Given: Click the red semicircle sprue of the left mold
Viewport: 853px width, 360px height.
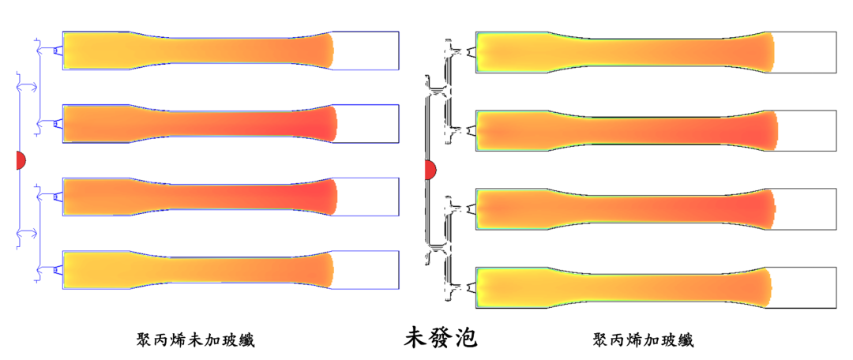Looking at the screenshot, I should point(21,160).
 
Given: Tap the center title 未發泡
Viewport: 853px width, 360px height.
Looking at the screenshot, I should point(440,338).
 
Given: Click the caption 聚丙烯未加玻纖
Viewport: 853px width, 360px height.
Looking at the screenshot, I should point(195,339).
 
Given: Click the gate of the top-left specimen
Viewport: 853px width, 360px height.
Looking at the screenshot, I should point(58,51).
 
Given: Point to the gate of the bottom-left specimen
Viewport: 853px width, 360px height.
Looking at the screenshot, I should point(58,271).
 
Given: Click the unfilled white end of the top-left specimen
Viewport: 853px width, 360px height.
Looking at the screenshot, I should point(366,51).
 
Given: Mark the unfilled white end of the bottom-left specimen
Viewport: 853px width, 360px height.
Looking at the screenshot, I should point(366,270).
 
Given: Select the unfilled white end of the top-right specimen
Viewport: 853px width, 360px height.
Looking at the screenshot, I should point(805,53).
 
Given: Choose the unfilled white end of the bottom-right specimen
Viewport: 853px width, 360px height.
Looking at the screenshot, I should point(803,287).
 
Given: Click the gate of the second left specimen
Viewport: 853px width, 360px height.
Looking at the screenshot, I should point(58,123).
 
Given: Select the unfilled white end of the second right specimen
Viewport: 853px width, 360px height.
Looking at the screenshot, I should point(806,130).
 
